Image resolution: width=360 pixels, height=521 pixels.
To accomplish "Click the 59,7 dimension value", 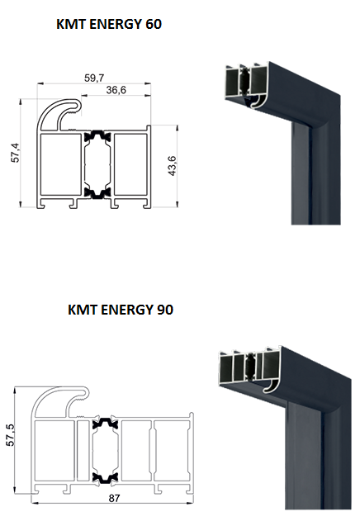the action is pos(94,78).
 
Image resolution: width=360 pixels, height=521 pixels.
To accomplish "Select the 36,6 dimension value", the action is pos(116,90).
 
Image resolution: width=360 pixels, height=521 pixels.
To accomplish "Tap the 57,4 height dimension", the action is pos(16,153).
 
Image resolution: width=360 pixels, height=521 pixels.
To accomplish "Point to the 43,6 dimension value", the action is pos(172,165).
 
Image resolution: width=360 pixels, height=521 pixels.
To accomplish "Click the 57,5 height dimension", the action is pos(10,434).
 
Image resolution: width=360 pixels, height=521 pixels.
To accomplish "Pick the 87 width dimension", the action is pos(114,499).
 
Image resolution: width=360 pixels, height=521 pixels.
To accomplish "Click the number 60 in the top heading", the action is pos(154,24).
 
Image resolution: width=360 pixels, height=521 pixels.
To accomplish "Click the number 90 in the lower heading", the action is pos(164,310).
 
